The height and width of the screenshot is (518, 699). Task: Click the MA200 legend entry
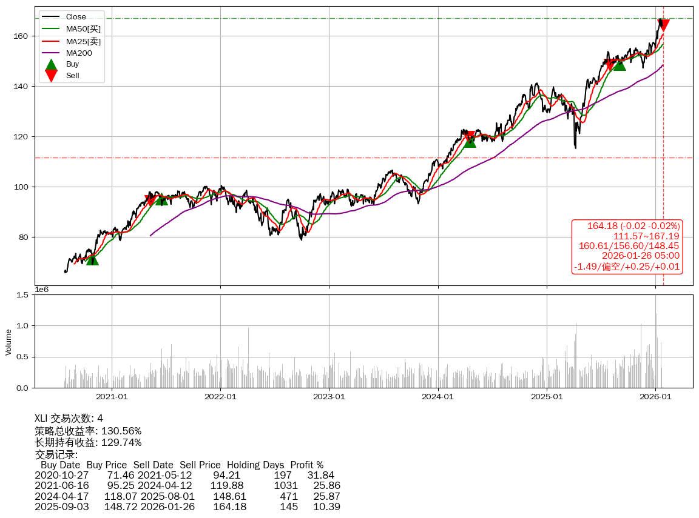[x=79, y=53]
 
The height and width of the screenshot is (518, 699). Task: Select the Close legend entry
[x=76, y=17]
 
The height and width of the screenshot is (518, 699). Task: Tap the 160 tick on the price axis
[x=22, y=36]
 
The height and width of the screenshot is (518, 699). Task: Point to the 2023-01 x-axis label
[x=329, y=397]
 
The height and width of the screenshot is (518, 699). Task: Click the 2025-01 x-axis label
[x=547, y=397]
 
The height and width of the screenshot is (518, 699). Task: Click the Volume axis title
[x=8, y=342]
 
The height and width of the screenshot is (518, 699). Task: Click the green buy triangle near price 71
[x=92, y=259]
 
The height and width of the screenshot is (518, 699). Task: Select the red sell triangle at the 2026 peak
[x=663, y=25]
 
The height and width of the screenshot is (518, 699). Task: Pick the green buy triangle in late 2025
[x=620, y=64]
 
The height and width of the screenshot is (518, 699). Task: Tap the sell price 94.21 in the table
[x=226, y=476]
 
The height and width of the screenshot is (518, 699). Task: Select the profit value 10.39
[x=326, y=506]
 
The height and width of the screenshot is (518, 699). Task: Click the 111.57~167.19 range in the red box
[x=646, y=236]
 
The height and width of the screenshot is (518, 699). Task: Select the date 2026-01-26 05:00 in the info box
[x=640, y=256]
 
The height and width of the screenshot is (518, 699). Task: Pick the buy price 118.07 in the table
[x=120, y=496]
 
